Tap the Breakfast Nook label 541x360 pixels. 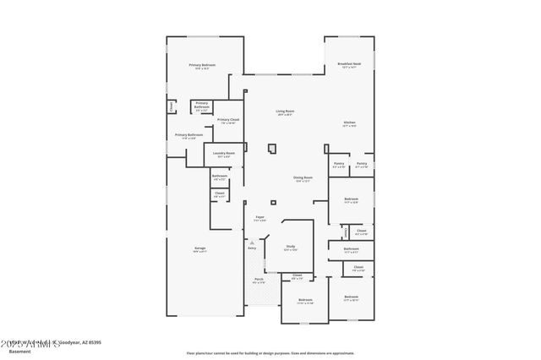click(349, 64)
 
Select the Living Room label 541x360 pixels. click(284, 112)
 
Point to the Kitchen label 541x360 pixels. click(349, 123)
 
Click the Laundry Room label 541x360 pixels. click(223, 153)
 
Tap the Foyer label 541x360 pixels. click(260, 217)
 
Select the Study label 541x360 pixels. click(290, 246)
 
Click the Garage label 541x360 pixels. click(199, 248)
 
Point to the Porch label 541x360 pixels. click(259, 281)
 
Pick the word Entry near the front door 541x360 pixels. click(251, 248)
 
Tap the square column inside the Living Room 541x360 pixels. click(271, 150)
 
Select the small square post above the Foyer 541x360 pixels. click(272, 201)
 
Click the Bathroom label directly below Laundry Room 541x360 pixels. click(219, 176)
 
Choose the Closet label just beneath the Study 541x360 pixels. click(298, 275)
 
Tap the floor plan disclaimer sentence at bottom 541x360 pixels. click(270, 353)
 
